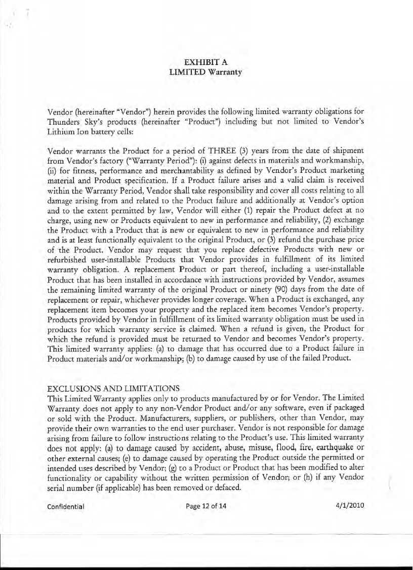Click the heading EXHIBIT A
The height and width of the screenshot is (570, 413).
click(205, 62)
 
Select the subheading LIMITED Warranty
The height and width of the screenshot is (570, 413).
click(205, 72)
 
